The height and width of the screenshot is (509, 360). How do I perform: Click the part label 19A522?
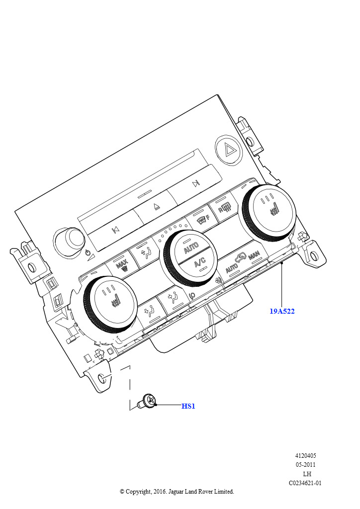[282, 311]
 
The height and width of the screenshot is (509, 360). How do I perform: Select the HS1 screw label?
[188, 406]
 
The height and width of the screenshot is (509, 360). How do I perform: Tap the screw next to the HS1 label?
[146, 401]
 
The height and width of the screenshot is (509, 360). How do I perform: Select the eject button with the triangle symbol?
[156, 206]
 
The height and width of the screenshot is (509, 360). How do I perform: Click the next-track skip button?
[195, 184]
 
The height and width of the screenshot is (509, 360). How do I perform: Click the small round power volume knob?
[71, 240]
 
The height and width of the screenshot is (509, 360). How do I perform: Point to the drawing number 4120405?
[305, 456]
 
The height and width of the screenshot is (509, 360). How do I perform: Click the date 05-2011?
[305, 465]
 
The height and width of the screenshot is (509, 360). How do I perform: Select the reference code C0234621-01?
[305, 483]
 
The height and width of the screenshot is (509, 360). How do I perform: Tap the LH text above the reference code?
[307, 474]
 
